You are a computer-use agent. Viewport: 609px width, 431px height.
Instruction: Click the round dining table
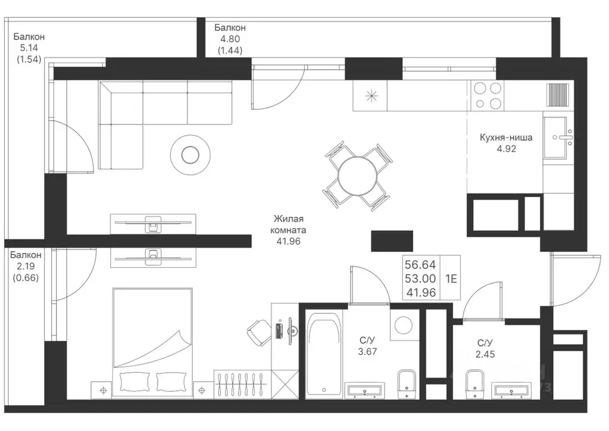[x=357, y=176]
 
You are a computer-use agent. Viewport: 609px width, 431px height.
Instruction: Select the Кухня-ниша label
[x=506, y=138]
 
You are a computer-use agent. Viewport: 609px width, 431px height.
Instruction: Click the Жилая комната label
[x=288, y=224]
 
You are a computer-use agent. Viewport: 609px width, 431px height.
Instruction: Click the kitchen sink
[x=558, y=138]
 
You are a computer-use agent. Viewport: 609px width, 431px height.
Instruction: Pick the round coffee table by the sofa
[x=190, y=155]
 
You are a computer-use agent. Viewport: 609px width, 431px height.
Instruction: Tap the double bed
[x=152, y=343]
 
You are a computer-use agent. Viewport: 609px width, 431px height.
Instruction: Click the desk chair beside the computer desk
[x=259, y=332]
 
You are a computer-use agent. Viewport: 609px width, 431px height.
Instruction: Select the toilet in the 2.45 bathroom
[x=474, y=383]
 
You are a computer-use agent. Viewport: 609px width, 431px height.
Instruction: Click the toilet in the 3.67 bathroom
[x=407, y=383]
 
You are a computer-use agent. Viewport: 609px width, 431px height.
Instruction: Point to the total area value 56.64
[x=420, y=264]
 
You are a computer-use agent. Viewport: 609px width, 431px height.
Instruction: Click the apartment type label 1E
[x=451, y=279]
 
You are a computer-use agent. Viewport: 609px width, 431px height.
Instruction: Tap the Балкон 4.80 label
[x=230, y=39]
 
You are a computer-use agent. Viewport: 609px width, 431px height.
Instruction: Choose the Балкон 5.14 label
[x=29, y=48]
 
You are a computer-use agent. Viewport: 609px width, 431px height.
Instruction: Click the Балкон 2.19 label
[x=26, y=266]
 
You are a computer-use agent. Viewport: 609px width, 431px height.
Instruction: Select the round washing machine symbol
[x=404, y=324]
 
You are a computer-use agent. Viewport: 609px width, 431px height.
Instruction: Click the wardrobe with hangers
[x=242, y=384]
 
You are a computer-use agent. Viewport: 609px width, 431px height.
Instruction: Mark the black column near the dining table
[x=392, y=241]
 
